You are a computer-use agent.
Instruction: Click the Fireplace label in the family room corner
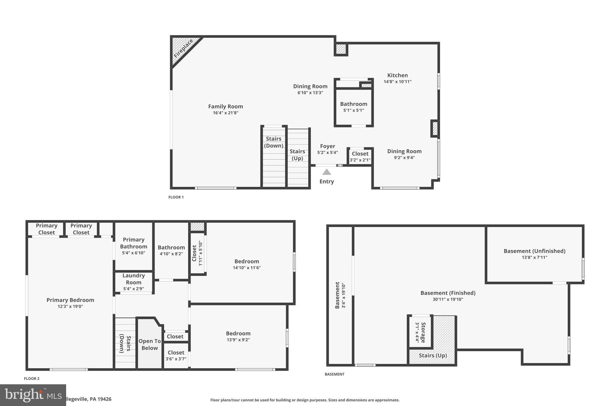[183, 49]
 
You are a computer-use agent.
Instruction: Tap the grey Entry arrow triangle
[326, 172]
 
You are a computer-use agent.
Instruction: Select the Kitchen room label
[397, 75]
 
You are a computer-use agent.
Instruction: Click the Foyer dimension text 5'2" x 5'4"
[327, 153]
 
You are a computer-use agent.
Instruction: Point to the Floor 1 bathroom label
[354, 104]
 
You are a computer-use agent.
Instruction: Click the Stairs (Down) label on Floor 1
[273, 142]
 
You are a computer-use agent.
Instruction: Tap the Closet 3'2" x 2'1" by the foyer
[360, 156]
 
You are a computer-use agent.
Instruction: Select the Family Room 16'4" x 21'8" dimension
[225, 113]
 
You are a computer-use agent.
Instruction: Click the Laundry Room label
[133, 279]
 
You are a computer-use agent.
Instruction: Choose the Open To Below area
[150, 344]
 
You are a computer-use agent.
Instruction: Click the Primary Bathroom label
[133, 243]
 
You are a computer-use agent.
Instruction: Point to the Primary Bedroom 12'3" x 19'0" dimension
[70, 306]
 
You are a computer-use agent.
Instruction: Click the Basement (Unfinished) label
[534, 251]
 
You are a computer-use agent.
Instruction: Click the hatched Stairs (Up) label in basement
[432, 355]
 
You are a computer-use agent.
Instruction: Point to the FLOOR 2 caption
[32, 379]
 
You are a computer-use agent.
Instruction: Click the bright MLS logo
[33, 395]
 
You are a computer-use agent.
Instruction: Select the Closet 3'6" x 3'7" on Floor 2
[176, 355]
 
